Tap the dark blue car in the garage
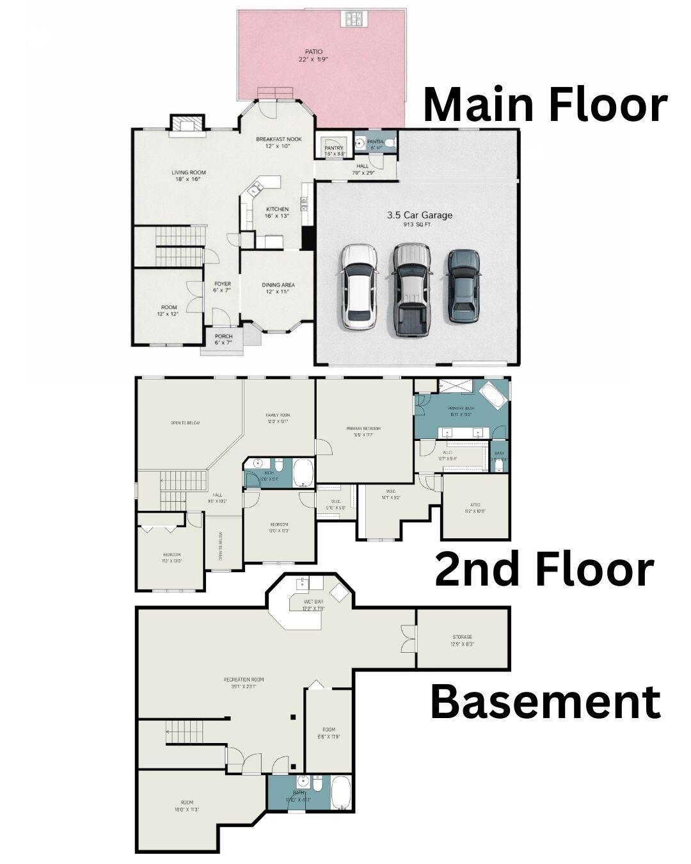pyautogui.click(x=463, y=284)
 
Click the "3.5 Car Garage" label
pyautogui.click(x=419, y=216)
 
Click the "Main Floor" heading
pyautogui.click(x=545, y=104)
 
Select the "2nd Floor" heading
pyautogui.click(x=544, y=569)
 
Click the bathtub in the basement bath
pyautogui.click(x=341, y=793)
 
